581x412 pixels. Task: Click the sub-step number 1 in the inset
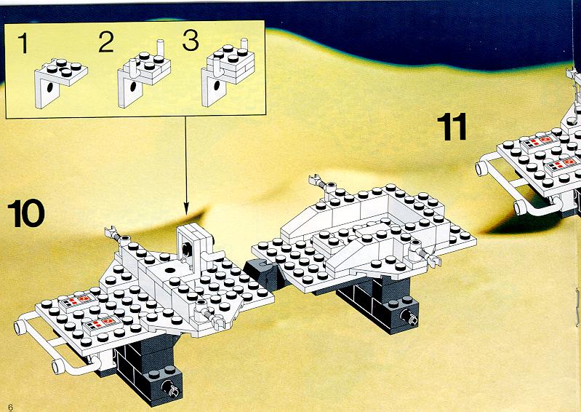[x=23, y=43]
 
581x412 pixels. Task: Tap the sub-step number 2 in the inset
[x=106, y=42]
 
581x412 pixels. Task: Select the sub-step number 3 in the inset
[x=191, y=41]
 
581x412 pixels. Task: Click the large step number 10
[x=26, y=213]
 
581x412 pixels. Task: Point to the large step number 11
[x=452, y=127]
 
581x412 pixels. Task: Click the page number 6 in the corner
[x=10, y=407]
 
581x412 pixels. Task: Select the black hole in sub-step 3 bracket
[x=217, y=85]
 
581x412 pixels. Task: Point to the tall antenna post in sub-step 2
[x=161, y=48]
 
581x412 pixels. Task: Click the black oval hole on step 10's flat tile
[x=170, y=270]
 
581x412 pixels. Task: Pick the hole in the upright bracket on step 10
[x=188, y=249]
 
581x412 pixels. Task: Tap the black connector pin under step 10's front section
[x=170, y=388]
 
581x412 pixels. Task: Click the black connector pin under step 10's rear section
[x=409, y=317]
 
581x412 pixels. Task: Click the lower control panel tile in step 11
[x=564, y=166]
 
